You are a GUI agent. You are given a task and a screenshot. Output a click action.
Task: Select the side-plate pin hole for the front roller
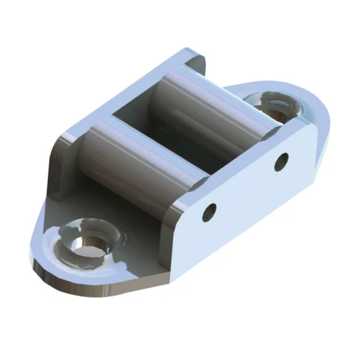209,212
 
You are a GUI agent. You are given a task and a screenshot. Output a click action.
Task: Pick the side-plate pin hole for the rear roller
281,161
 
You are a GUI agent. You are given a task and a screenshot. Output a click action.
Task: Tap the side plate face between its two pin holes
245,187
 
